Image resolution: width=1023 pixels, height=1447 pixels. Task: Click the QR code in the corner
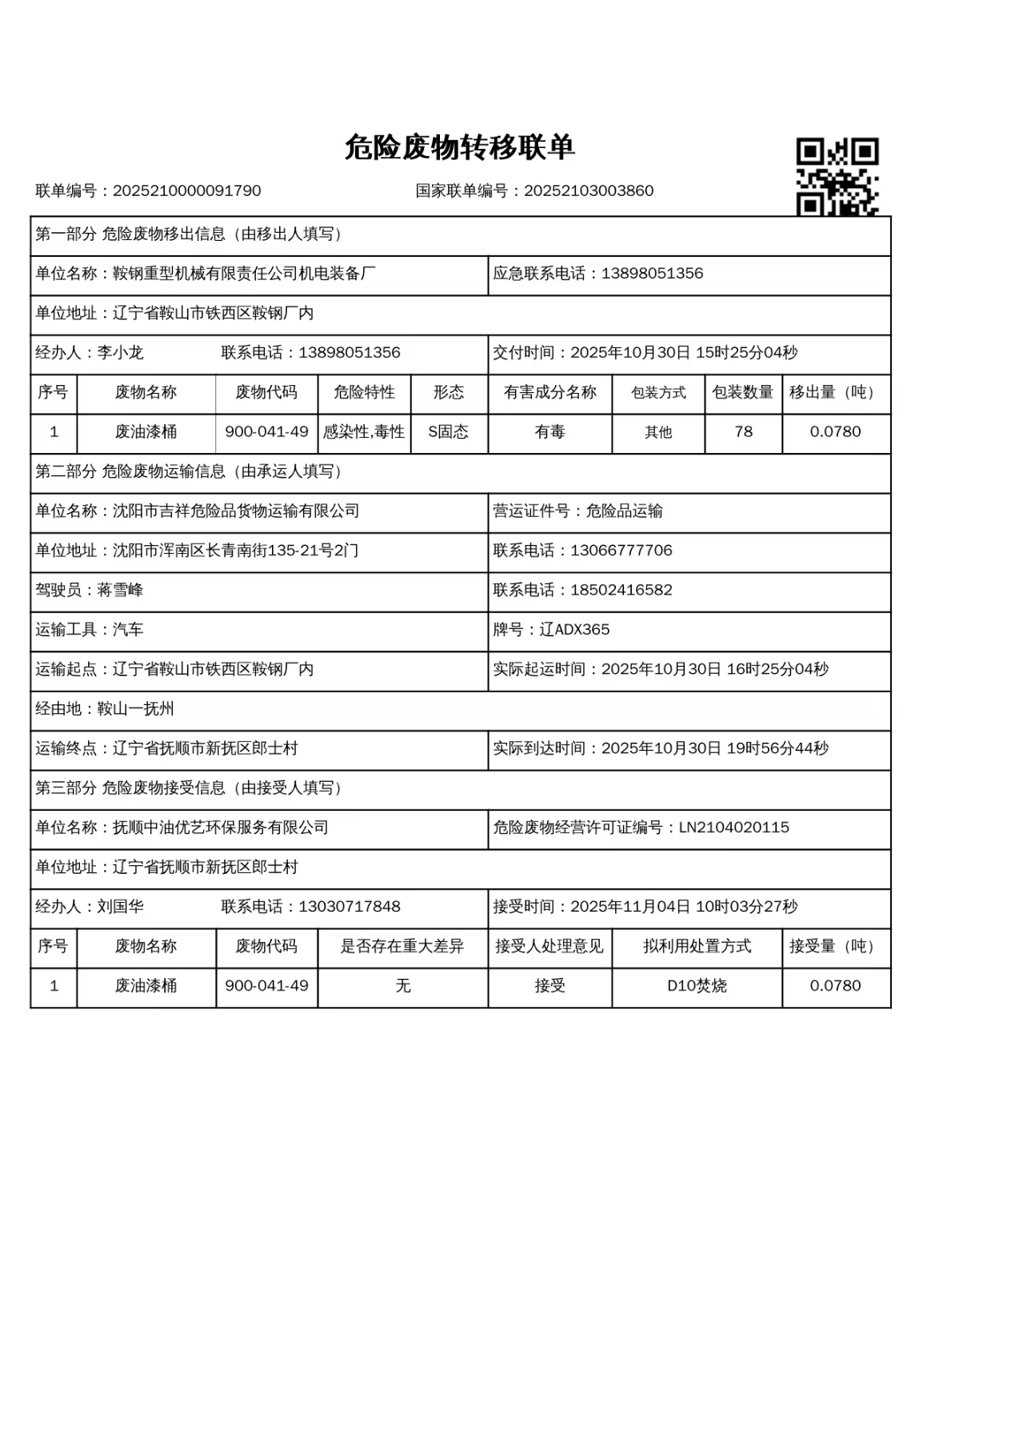tap(837, 176)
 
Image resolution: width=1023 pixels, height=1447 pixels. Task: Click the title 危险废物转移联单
tap(460, 148)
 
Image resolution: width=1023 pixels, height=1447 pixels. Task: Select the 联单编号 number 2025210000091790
tap(186, 191)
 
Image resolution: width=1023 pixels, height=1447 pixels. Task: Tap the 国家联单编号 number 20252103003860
tap(589, 191)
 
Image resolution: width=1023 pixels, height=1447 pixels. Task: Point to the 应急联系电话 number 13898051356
tap(652, 274)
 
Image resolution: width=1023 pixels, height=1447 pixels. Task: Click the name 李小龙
tap(120, 353)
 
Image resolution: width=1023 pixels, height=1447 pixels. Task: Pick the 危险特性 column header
tap(364, 392)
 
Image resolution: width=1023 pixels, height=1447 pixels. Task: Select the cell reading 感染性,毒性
tap(364, 432)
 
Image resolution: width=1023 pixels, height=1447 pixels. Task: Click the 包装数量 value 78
tap(743, 432)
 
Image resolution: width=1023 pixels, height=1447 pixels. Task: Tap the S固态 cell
tap(448, 432)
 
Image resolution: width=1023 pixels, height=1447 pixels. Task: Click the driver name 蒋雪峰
tap(120, 591)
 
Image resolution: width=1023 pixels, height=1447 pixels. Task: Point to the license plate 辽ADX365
tap(574, 630)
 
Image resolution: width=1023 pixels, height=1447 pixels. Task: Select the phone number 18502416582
tap(621, 591)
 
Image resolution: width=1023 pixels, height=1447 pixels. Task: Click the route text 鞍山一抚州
tap(135, 709)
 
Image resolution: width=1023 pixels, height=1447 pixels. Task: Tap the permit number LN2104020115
tap(733, 828)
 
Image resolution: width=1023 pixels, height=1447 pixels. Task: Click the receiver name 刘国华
tap(120, 907)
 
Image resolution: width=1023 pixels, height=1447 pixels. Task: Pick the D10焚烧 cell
tap(697, 986)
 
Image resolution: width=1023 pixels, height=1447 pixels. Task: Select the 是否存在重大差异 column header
tap(402, 946)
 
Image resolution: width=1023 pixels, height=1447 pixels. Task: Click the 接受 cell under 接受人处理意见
tap(549, 986)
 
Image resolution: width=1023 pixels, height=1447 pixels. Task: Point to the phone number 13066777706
tap(621, 551)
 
